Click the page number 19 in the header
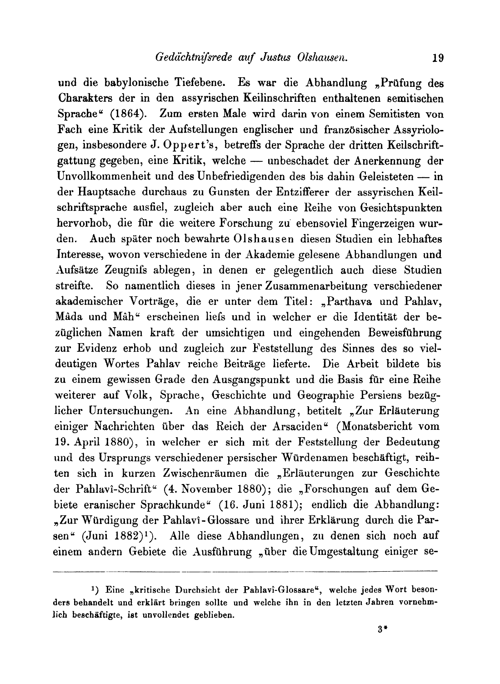438,58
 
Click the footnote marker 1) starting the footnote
95,589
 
